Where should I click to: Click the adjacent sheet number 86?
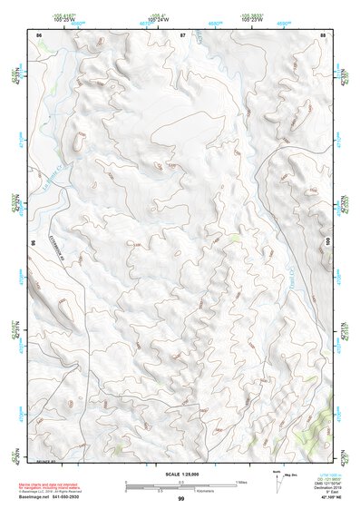tap(39, 34)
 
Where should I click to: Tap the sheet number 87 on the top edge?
tap(182, 34)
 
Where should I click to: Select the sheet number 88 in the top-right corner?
tap(324, 34)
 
